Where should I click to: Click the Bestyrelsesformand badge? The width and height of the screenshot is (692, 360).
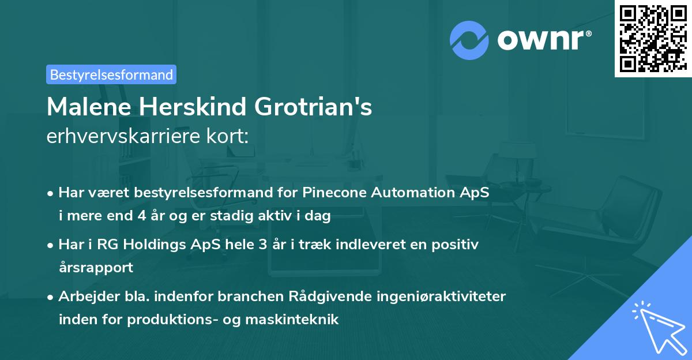tap(111, 74)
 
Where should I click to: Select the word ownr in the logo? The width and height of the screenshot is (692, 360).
tap(544, 39)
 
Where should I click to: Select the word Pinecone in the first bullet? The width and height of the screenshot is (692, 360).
tap(330, 193)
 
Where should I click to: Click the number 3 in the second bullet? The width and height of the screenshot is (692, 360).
tap(263, 245)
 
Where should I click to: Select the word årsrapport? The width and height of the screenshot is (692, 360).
tap(96, 268)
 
